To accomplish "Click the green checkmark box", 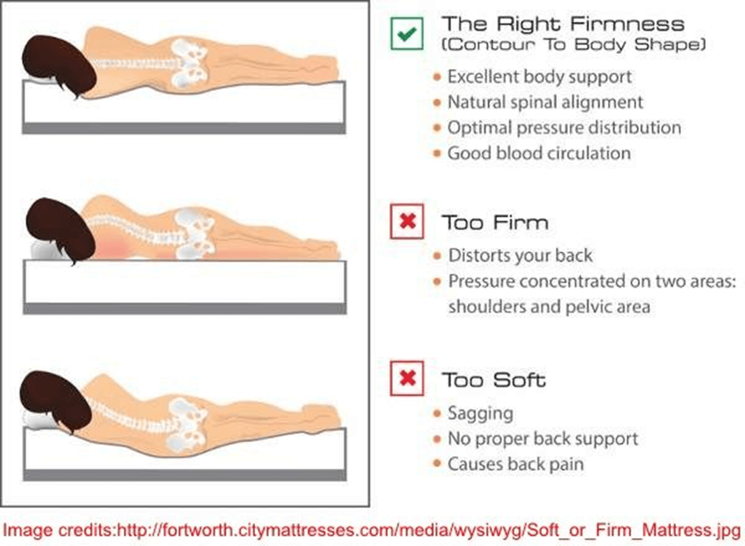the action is (x=407, y=34).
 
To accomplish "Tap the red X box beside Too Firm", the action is (x=407, y=222).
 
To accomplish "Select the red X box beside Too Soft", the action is (x=407, y=378).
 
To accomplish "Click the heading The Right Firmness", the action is (x=562, y=24).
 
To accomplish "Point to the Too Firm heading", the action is (x=495, y=222).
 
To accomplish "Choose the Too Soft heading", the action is (x=494, y=380).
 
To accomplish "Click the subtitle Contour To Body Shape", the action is (x=574, y=45).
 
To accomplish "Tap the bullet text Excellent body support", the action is (x=540, y=77).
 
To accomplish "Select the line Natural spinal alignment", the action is (x=545, y=102).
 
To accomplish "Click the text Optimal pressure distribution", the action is (x=564, y=128).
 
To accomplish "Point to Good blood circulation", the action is (x=539, y=153).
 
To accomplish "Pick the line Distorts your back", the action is (x=520, y=256).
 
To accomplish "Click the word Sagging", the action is (x=481, y=414).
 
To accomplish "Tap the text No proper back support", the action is (x=543, y=439).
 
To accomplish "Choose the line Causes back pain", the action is (x=515, y=464).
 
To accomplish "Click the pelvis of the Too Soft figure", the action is (x=188, y=425).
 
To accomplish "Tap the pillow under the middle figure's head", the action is (x=43, y=250).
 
